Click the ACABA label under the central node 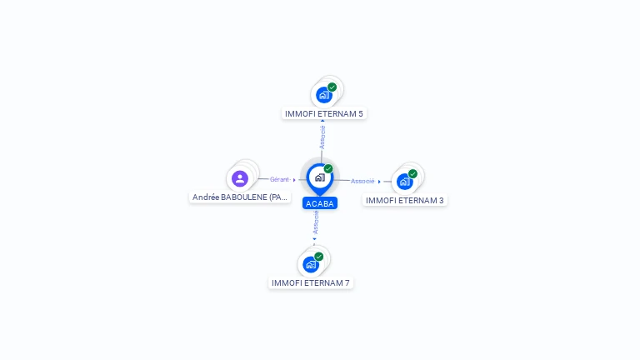(320, 203)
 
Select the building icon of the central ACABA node (320, 177)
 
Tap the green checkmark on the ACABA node (328, 169)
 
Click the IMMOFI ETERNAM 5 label (324, 113)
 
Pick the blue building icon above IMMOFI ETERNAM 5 (324, 95)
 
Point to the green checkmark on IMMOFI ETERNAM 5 (332, 87)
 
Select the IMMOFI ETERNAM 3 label (405, 200)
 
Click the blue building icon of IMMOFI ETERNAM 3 (404, 182)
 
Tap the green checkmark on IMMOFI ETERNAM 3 (412, 174)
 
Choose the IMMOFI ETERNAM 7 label (311, 283)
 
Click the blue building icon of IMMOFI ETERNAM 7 (311, 265)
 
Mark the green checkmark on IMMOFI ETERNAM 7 (319, 257)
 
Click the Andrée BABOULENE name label (240, 197)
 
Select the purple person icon (240, 178)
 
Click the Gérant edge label (279, 179)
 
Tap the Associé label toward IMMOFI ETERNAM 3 (362, 181)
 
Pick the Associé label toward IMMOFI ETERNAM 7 (316, 222)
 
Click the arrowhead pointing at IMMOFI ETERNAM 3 (379, 182)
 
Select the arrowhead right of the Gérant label (294, 179)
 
